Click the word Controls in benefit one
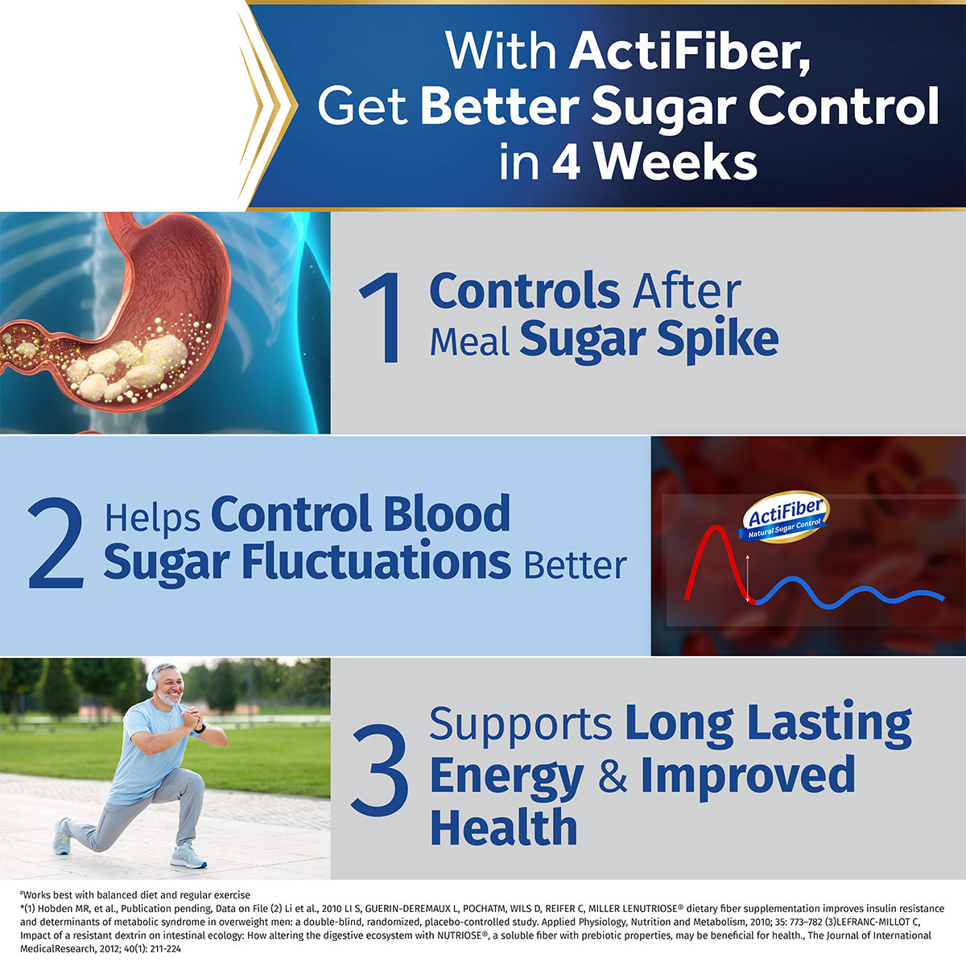pyautogui.click(x=524, y=291)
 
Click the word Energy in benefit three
pyautogui.click(x=506, y=776)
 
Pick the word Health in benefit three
pyautogui.click(x=503, y=828)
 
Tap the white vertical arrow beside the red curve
pyautogui.click(x=748, y=578)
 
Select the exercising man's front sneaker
pyautogui.click(x=188, y=856)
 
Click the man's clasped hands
pyautogui.click(x=192, y=716)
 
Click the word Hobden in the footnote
pyautogui.click(x=56, y=908)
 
